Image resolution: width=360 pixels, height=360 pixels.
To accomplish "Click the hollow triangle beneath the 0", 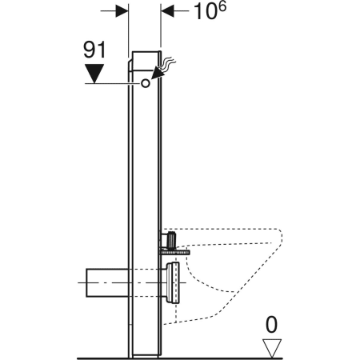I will click(x=274, y=346).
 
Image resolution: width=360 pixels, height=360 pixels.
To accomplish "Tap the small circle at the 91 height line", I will click(x=146, y=83).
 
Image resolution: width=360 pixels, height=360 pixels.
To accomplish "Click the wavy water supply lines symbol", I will click(x=170, y=62).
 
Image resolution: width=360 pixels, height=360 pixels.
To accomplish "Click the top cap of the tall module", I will click(x=146, y=58).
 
